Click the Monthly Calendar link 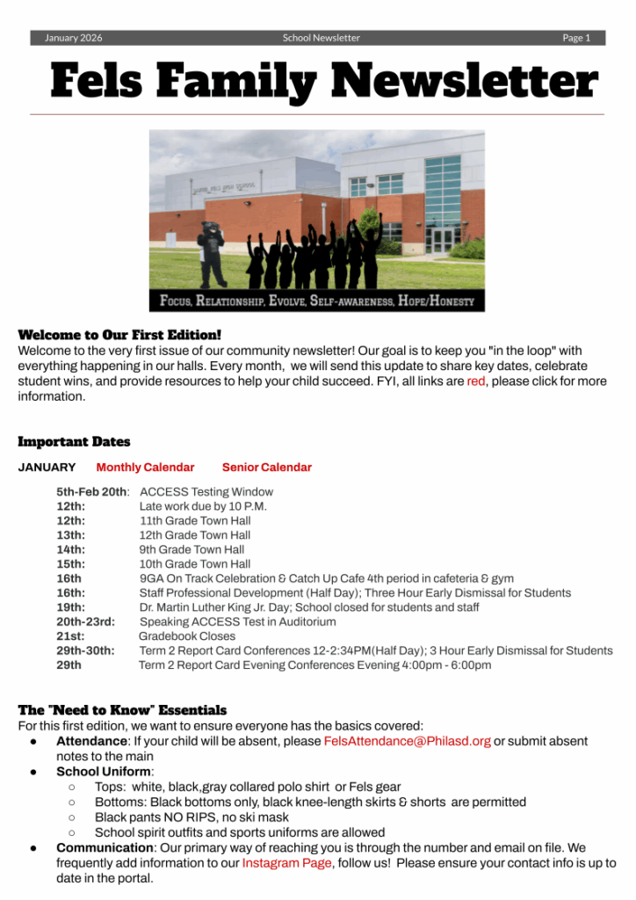coord(145,468)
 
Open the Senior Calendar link coord(266,468)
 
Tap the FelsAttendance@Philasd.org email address coord(407,741)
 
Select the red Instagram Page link coord(286,863)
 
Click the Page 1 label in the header coord(576,38)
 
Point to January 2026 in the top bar coord(73,38)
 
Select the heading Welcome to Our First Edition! coord(119,335)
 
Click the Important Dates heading coord(74,442)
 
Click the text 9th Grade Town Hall coord(192,549)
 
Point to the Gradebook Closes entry coord(187,636)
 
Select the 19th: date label coord(71,607)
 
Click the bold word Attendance coord(91,741)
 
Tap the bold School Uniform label coord(103,772)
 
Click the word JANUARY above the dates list coord(47,468)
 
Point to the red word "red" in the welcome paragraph coord(475,381)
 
